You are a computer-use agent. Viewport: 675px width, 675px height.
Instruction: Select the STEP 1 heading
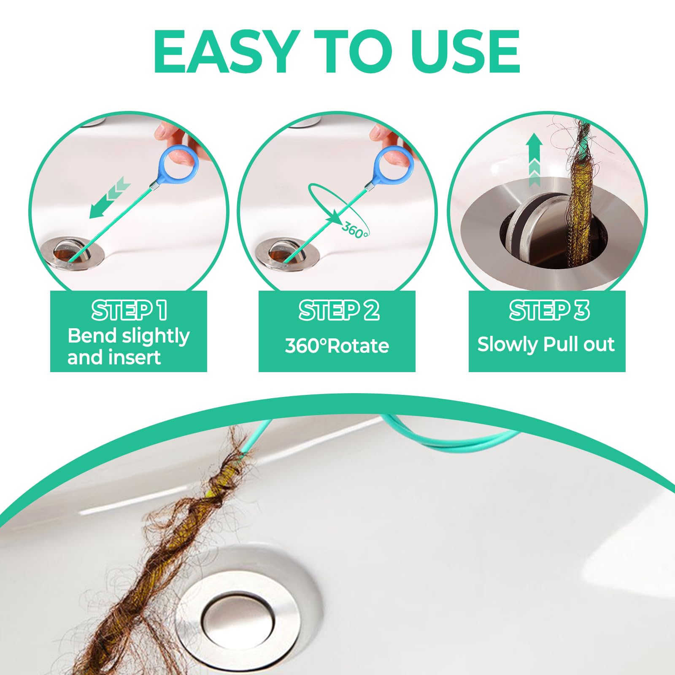pos(129,310)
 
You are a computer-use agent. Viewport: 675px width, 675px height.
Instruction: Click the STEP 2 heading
pos(339,310)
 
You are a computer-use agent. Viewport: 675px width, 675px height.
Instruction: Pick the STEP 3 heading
pos(549,310)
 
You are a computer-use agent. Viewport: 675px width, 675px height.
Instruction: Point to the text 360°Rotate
pos(337,346)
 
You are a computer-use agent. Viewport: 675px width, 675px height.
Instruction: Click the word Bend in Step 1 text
pos(92,336)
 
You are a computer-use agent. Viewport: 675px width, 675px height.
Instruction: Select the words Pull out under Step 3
pos(579,345)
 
